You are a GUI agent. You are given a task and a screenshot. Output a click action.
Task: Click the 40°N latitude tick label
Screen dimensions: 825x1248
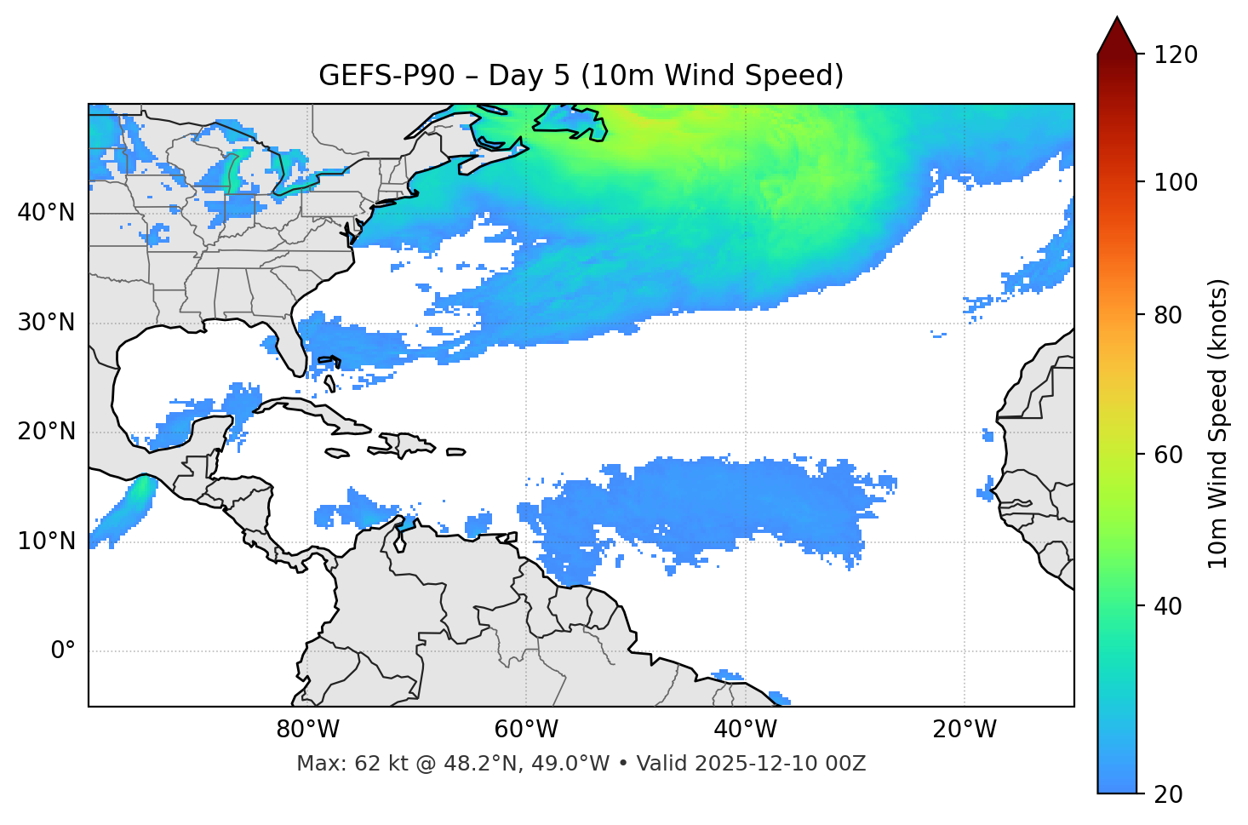tap(46, 212)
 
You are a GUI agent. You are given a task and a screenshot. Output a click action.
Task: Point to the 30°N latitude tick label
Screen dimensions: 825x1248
tap(46, 323)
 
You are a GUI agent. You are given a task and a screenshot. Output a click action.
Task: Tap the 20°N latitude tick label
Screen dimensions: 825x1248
tap(46, 432)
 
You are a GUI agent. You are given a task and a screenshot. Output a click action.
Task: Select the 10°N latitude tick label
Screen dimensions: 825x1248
tap(46, 541)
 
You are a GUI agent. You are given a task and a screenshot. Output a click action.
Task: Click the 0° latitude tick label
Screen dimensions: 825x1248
tap(63, 651)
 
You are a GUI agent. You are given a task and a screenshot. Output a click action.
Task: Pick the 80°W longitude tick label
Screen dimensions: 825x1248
tap(307, 730)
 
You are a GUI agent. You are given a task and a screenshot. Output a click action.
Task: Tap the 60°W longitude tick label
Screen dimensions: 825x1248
tap(526, 730)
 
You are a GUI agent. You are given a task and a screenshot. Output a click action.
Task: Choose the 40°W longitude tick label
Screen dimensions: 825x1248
tap(745, 730)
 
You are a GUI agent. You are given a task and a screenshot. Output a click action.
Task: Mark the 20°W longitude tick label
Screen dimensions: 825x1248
tap(964, 730)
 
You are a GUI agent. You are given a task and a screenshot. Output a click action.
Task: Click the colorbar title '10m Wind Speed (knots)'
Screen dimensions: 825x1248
tap(1218, 423)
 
